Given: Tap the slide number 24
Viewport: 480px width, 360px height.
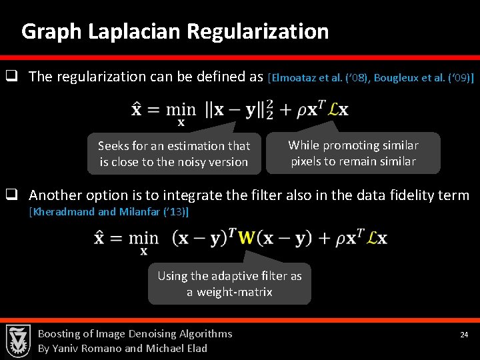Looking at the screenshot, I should pyautogui.click(x=464, y=334).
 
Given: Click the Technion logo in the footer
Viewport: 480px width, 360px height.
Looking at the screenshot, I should pyautogui.click(x=18, y=341).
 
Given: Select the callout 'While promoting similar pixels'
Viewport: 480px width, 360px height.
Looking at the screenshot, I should pyautogui.click(x=353, y=153).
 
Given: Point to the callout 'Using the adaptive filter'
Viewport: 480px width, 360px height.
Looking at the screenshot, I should pyautogui.click(x=229, y=284).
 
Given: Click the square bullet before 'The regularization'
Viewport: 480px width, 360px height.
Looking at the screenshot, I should pyautogui.click(x=11, y=76).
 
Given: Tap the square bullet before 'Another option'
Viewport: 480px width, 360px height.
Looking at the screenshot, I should pyautogui.click(x=11, y=195).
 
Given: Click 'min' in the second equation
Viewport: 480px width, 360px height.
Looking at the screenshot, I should pyautogui.click(x=144, y=238).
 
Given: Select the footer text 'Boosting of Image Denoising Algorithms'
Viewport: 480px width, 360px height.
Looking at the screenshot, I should pyautogui.click(x=135, y=333).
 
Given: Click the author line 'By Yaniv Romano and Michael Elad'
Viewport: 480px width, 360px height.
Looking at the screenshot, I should pyautogui.click(x=123, y=348).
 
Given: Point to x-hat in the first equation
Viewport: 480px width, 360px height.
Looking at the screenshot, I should pyautogui.click(x=137, y=109).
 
